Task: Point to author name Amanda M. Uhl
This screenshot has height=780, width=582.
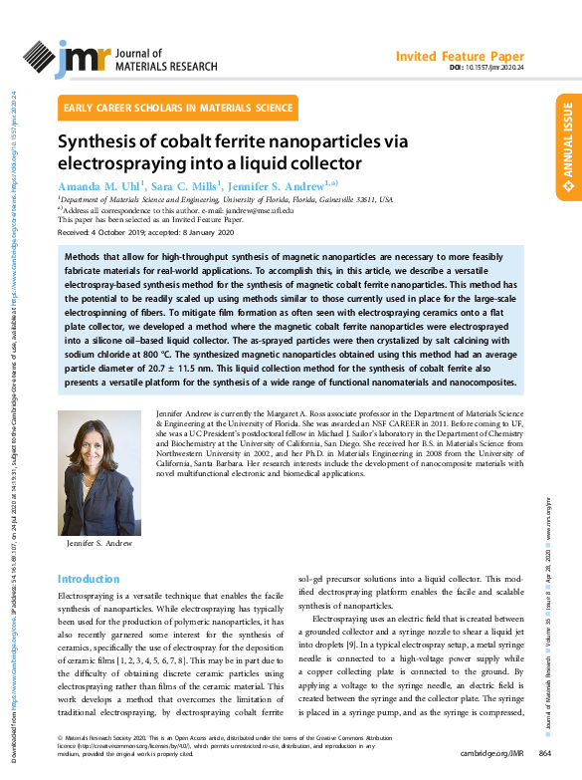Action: pyautogui.click(x=100, y=185)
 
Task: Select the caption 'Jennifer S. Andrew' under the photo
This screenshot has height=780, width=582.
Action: pyautogui.click(x=99, y=544)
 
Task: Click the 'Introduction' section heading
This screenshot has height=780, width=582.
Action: pyautogui.click(x=89, y=579)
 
